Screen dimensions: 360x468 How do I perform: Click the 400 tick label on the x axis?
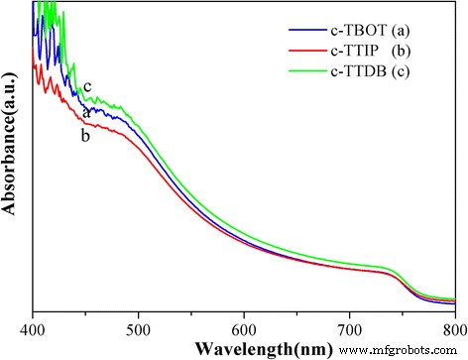click(34, 326)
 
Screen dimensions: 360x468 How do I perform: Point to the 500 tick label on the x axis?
click(139, 326)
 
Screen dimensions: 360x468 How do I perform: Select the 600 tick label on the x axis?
click(244, 326)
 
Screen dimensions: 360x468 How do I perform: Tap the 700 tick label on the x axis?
click(349, 326)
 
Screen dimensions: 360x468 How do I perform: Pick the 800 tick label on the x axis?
click(453, 326)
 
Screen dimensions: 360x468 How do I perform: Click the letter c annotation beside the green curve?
click(87, 86)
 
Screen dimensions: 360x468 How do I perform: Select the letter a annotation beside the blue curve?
click(86, 112)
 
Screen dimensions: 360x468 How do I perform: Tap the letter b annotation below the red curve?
click(85, 135)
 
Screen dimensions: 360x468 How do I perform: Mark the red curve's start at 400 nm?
click(35, 64)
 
